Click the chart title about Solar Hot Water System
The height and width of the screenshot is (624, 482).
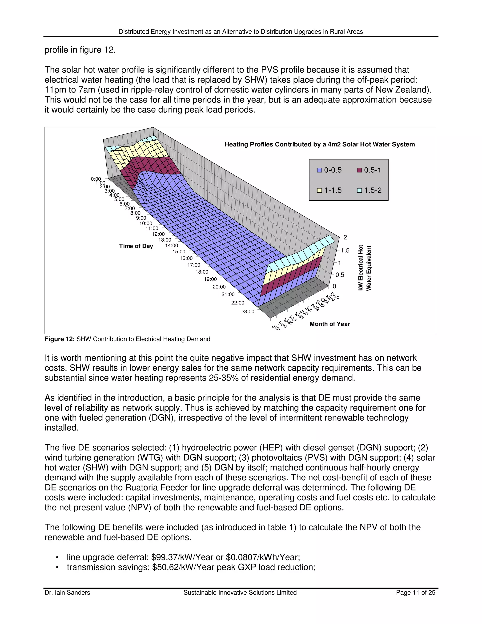[319, 144]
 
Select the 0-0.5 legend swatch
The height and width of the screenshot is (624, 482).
[320, 170]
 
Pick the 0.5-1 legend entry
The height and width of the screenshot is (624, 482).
[369, 170]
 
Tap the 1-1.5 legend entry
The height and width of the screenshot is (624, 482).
[329, 190]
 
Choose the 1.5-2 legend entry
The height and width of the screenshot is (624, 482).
[369, 190]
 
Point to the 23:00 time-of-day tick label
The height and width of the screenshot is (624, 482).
[248, 312]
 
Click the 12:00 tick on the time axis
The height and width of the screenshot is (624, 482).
[158, 234]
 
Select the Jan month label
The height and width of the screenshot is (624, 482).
[276, 328]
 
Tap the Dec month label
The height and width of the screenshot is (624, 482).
[335, 296]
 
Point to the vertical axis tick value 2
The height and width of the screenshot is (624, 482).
[345, 237]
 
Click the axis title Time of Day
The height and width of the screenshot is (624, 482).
[136, 246]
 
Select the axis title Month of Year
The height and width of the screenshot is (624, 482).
[329, 324]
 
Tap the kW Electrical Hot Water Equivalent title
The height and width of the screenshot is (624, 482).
[364, 268]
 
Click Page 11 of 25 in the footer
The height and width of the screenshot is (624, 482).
[415, 593]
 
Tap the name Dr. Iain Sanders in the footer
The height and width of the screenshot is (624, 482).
[67, 593]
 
